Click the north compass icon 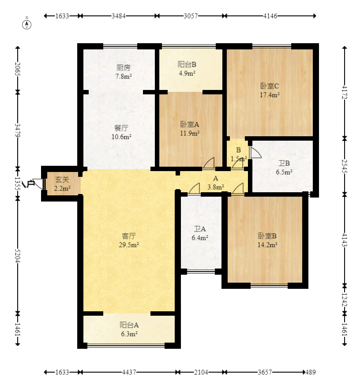pyautogui.click(x=27, y=25)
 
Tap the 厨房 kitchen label pyautogui.click(x=124, y=67)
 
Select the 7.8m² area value pyautogui.click(x=124, y=76)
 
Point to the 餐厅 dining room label pyautogui.click(x=121, y=128)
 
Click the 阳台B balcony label pyautogui.click(x=187, y=64)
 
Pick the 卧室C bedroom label pyautogui.click(x=270, y=86)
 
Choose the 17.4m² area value pyautogui.click(x=270, y=95)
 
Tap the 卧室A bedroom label pyautogui.click(x=190, y=124)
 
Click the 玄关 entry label pyautogui.click(x=62, y=179)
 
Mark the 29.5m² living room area pyautogui.click(x=129, y=245)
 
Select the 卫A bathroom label pyautogui.click(x=200, y=229)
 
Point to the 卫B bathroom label pyautogui.click(x=284, y=163)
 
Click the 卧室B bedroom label pyautogui.click(x=267, y=236)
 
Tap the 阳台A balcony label pyautogui.click(x=129, y=325)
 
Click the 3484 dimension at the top pyautogui.click(x=118, y=16)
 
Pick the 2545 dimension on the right pyautogui.click(x=345, y=166)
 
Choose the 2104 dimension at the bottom pyautogui.click(x=201, y=372)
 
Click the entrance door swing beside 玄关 pyautogui.click(x=37, y=183)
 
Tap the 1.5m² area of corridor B pyautogui.click(x=239, y=159)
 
